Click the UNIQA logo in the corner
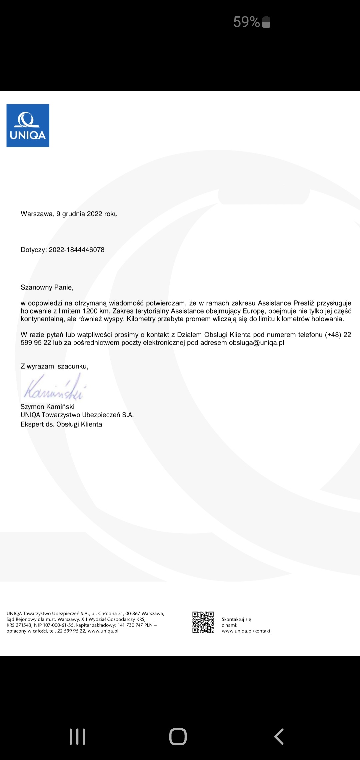coord(28,126)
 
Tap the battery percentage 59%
coord(246,22)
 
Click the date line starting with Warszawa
coord(69,214)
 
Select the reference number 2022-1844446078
coord(77,250)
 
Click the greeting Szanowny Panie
coord(47,287)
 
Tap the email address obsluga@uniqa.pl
coord(256,343)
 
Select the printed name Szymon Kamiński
coord(47,407)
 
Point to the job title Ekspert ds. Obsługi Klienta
coord(61,424)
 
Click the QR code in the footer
coord(203,622)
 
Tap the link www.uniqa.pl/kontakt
coord(246,631)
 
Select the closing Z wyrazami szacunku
coord(54,366)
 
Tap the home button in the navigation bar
coord(178,736)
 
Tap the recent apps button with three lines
coord(77,736)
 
